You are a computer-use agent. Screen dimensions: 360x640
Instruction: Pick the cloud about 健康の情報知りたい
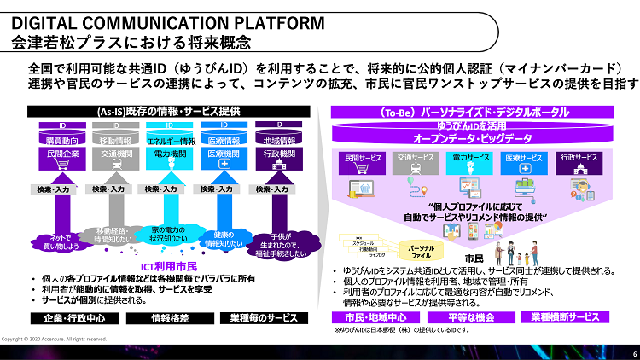224,238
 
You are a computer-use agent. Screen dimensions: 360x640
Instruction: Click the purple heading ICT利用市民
169,267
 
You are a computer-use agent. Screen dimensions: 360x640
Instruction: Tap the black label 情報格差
168,318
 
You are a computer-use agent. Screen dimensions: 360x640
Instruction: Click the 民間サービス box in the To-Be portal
364,159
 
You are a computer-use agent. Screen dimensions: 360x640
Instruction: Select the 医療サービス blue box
523,159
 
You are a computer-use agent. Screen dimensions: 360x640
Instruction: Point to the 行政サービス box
579,159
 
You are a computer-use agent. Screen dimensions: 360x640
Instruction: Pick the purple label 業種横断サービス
565,317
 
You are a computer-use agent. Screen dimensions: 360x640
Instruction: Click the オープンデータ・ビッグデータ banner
472,138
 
